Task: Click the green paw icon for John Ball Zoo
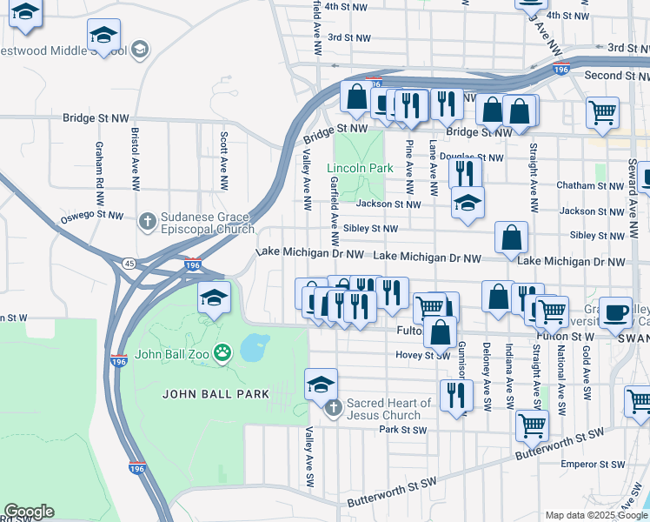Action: point(223,353)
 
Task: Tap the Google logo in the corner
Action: point(29,512)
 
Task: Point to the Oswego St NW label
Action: point(92,215)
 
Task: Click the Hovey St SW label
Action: point(423,355)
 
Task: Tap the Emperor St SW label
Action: point(587,465)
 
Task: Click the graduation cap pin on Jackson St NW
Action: point(468,204)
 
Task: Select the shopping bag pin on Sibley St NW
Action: point(512,236)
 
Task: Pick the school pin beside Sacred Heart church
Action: point(321,384)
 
